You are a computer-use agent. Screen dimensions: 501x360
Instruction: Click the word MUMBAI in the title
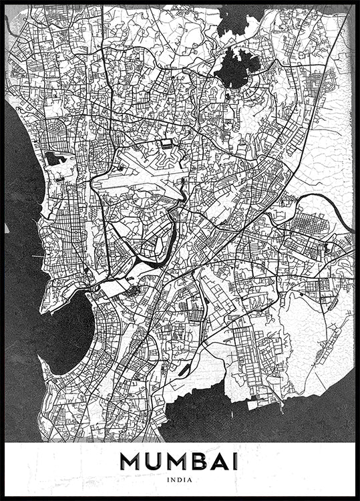pyautogui.click(x=180, y=462)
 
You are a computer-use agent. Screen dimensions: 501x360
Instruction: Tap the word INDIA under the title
pyautogui.click(x=180, y=479)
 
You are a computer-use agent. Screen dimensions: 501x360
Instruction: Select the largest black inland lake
pyautogui.click(x=235, y=67)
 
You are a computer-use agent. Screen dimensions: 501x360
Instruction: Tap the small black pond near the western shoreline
pyautogui.click(x=53, y=159)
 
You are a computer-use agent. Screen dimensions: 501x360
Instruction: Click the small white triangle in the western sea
pyautogui.click(x=8, y=228)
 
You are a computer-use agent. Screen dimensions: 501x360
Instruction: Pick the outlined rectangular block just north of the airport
pyautogui.click(x=166, y=143)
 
